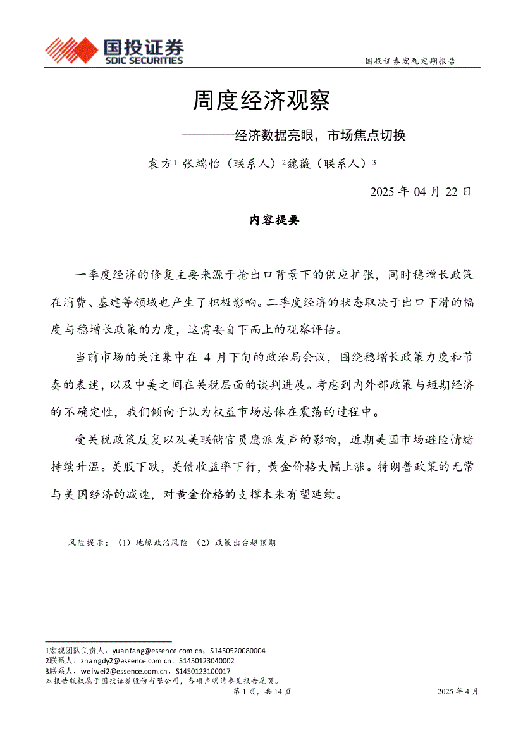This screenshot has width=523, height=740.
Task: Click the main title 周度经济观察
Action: pyautogui.click(x=262, y=100)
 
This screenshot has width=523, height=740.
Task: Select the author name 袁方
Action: pyautogui.click(x=159, y=163)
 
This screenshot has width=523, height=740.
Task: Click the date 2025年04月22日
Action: pyautogui.click(x=420, y=192)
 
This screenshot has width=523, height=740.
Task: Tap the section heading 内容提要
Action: pyautogui.click(x=274, y=220)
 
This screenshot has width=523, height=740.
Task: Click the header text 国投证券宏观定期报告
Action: pyautogui.click(x=411, y=61)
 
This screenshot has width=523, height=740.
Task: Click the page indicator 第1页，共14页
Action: pyautogui.click(x=262, y=691)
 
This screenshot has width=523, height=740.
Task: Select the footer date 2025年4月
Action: pyautogui.click(x=458, y=691)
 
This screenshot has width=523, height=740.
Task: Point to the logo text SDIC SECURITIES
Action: pyautogui.click(x=143, y=61)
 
